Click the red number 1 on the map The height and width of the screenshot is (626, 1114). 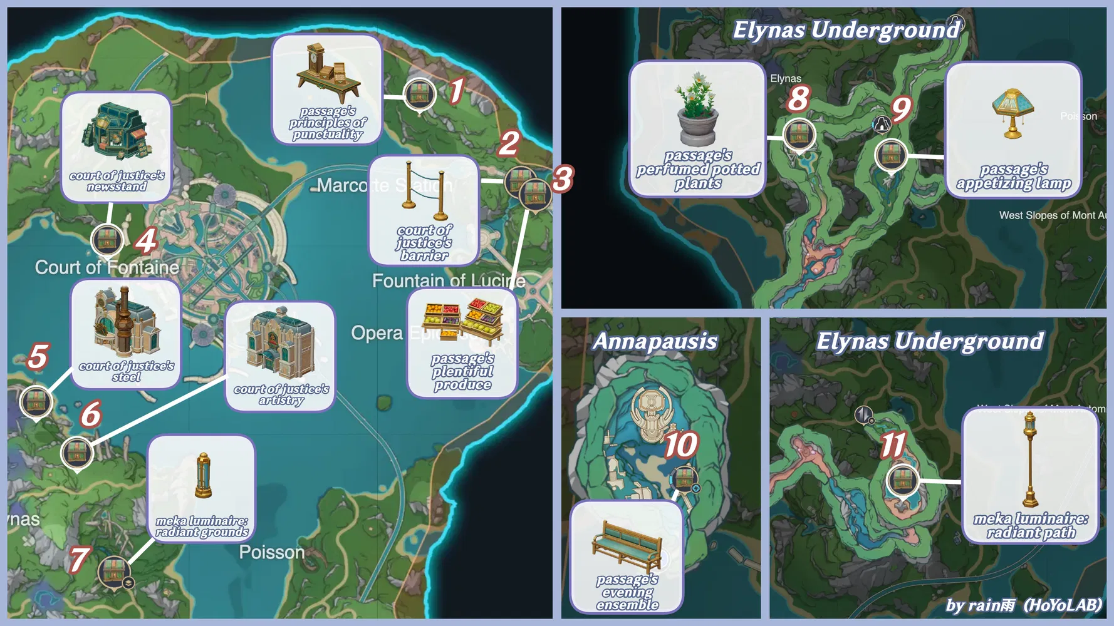[x=457, y=91]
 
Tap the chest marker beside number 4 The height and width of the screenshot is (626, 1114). [x=107, y=240]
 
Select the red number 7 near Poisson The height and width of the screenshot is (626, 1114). [x=79, y=559]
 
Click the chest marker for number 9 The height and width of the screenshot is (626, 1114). [x=890, y=153]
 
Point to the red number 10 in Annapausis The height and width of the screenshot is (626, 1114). [x=680, y=445]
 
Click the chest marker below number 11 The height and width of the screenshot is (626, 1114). [x=903, y=481]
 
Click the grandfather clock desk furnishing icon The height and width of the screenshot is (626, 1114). [x=327, y=73]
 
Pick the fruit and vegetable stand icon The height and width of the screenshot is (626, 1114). [x=463, y=320]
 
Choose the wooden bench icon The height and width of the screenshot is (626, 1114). [x=627, y=544]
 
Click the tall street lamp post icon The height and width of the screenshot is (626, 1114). [x=1029, y=460]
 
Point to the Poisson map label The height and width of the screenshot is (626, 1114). [x=272, y=553]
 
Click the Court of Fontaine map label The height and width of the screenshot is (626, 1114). [x=107, y=268]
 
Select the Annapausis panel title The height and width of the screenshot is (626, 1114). [x=655, y=341]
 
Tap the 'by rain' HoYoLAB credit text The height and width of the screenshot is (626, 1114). [x=1023, y=605]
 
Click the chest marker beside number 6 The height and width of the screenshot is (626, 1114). [x=77, y=452]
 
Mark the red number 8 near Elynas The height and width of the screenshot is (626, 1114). [x=798, y=99]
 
